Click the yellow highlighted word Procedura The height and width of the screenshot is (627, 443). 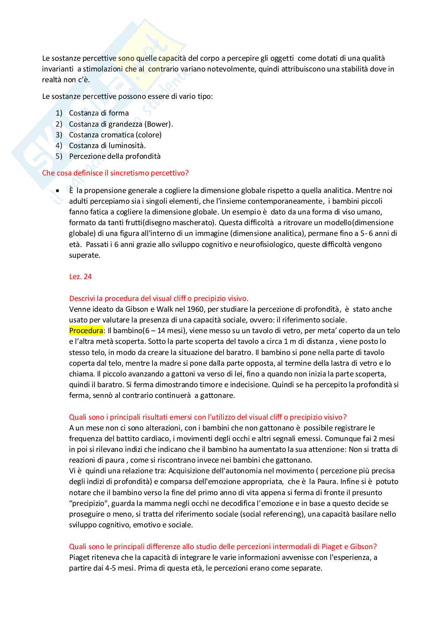pos(86,331)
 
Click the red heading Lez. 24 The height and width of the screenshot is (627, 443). pos(80,277)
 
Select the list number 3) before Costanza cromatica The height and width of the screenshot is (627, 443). pos(59,135)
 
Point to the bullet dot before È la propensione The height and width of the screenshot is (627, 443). pos(58,191)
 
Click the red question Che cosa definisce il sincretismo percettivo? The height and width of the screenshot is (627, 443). pos(115,173)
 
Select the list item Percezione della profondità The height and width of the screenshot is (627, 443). pos(115,156)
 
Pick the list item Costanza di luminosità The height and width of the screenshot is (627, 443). pos(107,146)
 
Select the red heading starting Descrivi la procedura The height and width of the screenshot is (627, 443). pos(159,299)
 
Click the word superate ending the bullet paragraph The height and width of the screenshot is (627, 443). pos(85,255)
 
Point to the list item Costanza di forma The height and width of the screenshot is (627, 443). pos(99,113)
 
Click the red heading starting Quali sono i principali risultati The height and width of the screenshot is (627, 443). pos(208,417)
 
